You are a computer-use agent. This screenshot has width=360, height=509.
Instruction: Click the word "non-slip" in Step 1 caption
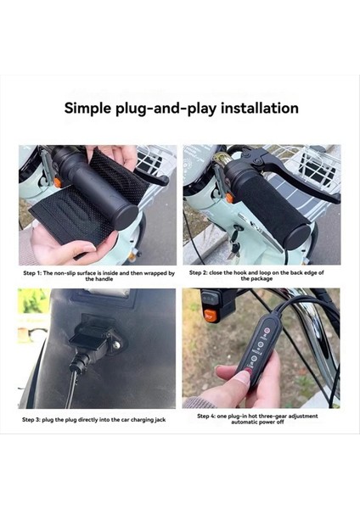(x=70, y=273)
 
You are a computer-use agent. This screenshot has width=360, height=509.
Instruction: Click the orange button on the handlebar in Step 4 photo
(x=210, y=316)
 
